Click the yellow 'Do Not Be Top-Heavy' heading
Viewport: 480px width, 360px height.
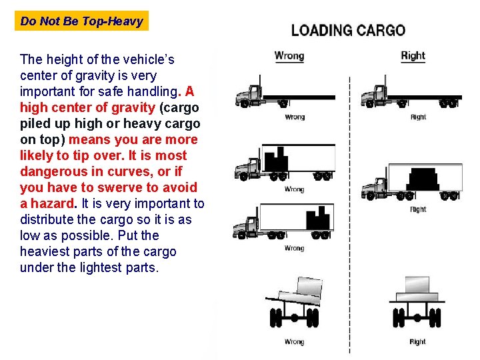(x=81, y=21)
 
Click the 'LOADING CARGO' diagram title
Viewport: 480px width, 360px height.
(x=348, y=30)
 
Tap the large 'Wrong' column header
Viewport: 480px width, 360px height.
(x=289, y=56)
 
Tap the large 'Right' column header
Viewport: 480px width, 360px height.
(x=413, y=56)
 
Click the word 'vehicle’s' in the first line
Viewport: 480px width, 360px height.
(x=148, y=59)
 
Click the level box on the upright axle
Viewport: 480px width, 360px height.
(x=417, y=287)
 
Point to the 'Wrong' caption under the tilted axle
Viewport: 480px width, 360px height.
(x=294, y=342)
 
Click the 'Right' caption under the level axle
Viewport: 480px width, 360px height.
(x=417, y=342)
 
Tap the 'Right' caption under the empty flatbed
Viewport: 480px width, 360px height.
(x=418, y=117)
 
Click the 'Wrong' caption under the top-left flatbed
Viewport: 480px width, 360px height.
(x=294, y=117)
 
